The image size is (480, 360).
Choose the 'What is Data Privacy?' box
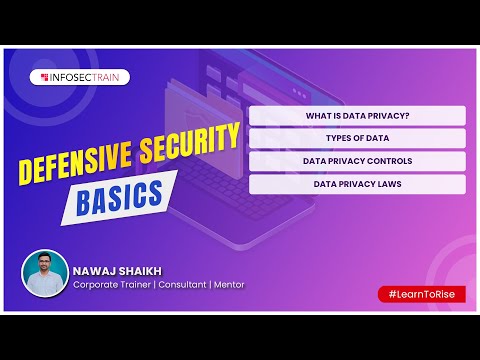click(357, 116)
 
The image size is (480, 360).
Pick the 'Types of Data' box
click(357, 138)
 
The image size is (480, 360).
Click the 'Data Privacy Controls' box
click(357, 160)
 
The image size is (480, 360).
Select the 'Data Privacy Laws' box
click(357, 184)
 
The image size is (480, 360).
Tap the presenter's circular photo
click(45, 272)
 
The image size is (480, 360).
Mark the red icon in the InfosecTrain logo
click(44, 76)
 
